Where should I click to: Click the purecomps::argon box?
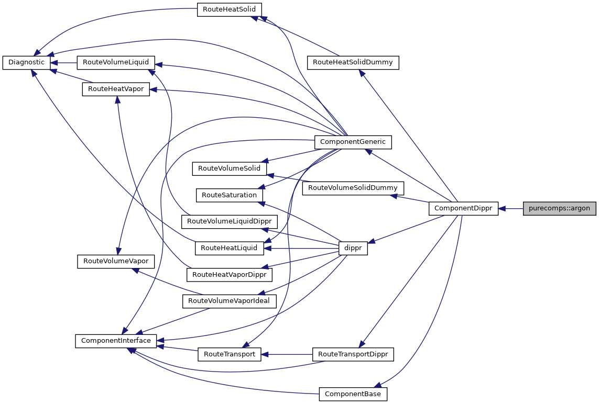pyautogui.click(x=559, y=208)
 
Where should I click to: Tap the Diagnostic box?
pyautogui.click(x=27, y=62)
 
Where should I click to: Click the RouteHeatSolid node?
pyautogui.click(x=229, y=9)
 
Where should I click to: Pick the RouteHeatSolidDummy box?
pyautogui.click(x=353, y=62)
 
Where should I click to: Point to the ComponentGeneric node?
pyautogui.click(x=353, y=141)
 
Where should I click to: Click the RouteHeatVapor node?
pyautogui.click(x=116, y=89)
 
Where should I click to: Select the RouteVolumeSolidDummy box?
pyautogui.click(x=353, y=187)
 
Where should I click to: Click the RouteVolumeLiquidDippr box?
pyautogui.click(x=229, y=221)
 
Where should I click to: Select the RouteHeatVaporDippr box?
pyautogui.click(x=229, y=274)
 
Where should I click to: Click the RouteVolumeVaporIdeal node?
pyautogui.click(x=229, y=301)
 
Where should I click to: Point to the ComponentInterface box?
pyautogui.click(x=115, y=341)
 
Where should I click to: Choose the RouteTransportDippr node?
pyautogui.click(x=353, y=354)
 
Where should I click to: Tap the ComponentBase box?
pyautogui.click(x=353, y=394)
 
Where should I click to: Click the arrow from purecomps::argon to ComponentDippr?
pyautogui.click(x=511, y=208)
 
